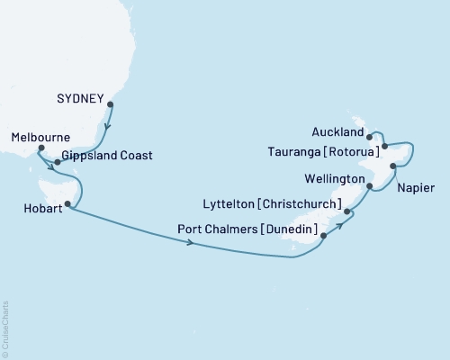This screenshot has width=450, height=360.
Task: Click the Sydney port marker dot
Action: pyautogui.click(x=110, y=104)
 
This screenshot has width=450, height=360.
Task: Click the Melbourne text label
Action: pyautogui.click(x=41, y=138)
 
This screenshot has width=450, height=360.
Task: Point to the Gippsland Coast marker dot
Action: pyautogui.click(x=58, y=163)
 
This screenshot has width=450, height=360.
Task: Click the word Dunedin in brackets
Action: pyautogui.click(x=287, y=231)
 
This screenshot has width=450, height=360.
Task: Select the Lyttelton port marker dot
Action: pyautogui.click(x=347, y=212)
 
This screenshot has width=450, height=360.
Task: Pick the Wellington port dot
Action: pyautogui.click(x=370, y=187)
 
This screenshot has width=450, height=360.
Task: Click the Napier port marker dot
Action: pyautogui.click(x=393, y=166)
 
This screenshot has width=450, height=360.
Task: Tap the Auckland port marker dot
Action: pyautogui.click(x=370, y=138)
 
